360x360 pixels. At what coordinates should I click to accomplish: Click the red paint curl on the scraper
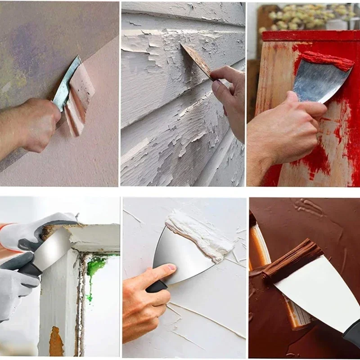[327, 60]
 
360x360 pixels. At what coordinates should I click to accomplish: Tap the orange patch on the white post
[56, 342]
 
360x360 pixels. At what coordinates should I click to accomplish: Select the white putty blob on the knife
[198, 234]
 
